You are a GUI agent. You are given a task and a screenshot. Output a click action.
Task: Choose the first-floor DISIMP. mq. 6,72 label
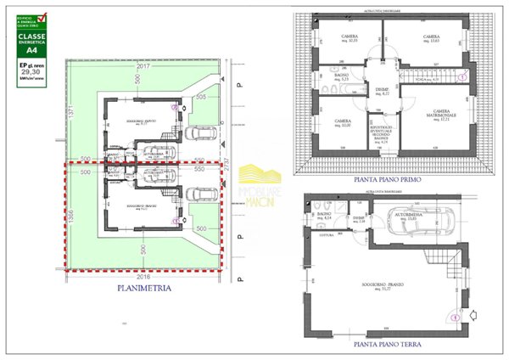pos(381,92)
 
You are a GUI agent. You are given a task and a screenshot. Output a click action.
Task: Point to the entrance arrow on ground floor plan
pos(454,316)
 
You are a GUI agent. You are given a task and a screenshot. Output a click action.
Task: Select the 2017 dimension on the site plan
pos(142,65)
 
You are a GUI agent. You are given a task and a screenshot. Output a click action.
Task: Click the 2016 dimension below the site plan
pos(141,276)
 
